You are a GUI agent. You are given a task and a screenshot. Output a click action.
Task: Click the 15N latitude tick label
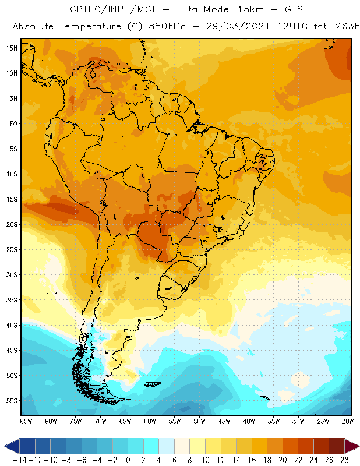tap(12, 48)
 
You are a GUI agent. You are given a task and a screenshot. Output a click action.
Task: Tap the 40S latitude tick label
tap(12, 325)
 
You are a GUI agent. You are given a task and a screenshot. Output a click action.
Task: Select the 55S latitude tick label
tap(12, 401)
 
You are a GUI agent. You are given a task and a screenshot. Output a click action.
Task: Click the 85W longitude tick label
tap(26, 421)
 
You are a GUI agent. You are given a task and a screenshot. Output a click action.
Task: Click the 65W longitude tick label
tap(125, 421)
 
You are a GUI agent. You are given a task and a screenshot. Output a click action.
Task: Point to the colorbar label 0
tap(128, 460)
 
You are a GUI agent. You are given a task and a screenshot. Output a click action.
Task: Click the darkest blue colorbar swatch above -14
tap(26, 446)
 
